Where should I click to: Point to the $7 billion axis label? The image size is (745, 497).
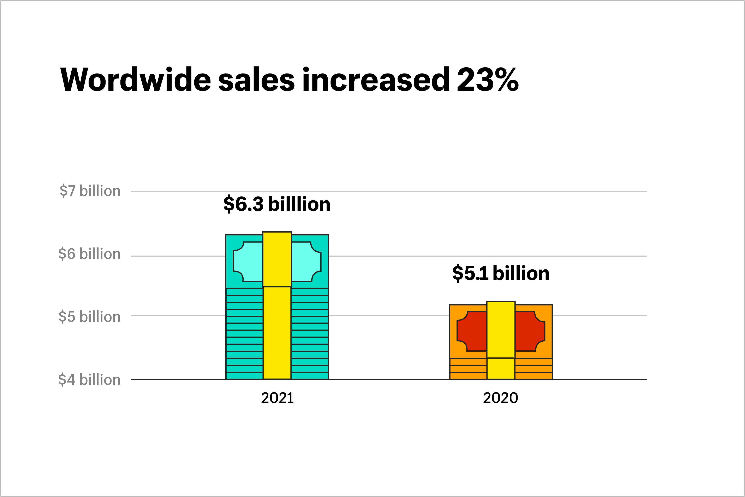(x=90, y=191)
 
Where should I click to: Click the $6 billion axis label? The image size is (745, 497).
(x=89, y=254)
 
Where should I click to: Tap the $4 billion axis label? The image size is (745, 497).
(x=89, y=380)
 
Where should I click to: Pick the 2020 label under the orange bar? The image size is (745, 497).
(x=500, y=398)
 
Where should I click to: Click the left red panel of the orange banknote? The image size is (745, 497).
(x=472, y=331)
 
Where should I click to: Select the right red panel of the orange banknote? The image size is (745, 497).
(x=530, y=331)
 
